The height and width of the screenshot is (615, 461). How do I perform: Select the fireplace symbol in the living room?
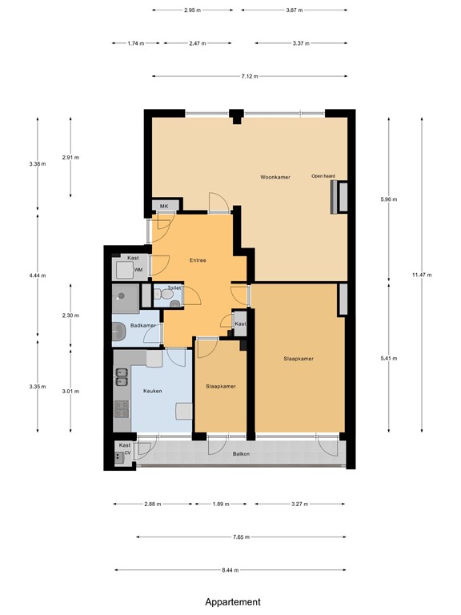[x=334, y=197]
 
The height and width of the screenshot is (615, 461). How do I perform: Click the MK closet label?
[x=164, y=207]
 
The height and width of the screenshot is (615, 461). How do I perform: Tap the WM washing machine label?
[x=138, y=270]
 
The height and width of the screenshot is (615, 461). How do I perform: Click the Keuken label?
[x=153, y=391]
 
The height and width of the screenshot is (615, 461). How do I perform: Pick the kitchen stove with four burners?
[x=122, y=410]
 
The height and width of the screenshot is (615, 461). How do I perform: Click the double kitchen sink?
[x=122, y=374]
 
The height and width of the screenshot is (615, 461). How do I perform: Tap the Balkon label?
[x=241, y=454]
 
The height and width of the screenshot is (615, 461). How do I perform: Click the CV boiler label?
[x=126, y=454]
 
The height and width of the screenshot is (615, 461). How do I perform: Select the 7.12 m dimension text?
[x=249, y=77]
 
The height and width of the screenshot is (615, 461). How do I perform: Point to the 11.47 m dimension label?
[x=422, y=275]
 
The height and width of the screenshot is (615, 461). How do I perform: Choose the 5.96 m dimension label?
[x=390, y=199]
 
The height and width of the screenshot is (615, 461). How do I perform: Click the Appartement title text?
[x=232, y=601]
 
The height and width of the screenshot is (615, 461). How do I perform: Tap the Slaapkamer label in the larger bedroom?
[x=298, y=359]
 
